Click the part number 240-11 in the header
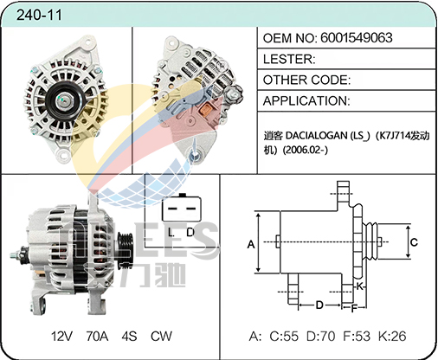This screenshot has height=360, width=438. coord(39,15)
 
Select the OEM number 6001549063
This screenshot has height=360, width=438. coord(357,38)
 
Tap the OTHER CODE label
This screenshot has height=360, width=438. coord(306,80)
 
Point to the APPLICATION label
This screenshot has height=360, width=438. coord(306,100)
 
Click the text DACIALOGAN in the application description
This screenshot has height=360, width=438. coord(317,135)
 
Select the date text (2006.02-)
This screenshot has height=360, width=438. coord(306,150)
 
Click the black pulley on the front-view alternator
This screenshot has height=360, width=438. coord(63,100)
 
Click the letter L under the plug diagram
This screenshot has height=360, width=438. coord(171,232)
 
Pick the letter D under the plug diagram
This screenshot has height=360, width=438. coord(190,232)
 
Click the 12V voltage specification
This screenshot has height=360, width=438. coord(61,337)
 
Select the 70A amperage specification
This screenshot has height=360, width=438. coord(97,337)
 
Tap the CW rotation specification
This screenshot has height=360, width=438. coord(161,337)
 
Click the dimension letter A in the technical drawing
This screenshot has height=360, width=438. coord(251,244)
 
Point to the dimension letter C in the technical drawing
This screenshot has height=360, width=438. coord(414,242)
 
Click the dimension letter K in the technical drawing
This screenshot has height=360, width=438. coord(359,286)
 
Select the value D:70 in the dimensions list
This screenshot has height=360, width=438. coord(320,337)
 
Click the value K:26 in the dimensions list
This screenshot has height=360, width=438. coord(392,337)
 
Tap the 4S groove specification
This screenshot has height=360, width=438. coord(129,337)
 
